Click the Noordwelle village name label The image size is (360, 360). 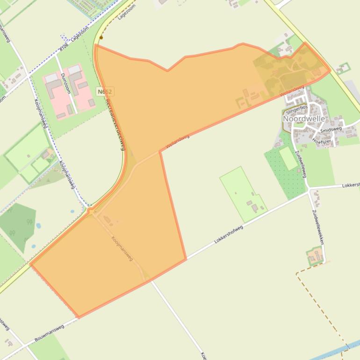click(303, 119)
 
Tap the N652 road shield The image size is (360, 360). click(105, 92)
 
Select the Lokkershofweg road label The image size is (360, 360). click(229, 235)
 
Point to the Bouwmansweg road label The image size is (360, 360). click(49, 333)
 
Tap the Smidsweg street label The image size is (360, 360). click(331, 130)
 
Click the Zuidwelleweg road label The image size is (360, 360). click(300, 164)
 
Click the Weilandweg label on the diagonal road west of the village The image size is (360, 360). click(178, 143)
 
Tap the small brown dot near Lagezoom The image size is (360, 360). click(101, 37)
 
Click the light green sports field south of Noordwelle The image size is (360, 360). click(288, 158)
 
